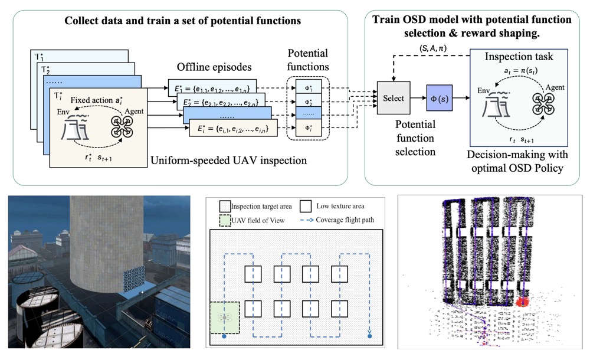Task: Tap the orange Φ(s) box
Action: click(x=439, y=94)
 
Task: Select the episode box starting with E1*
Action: click(x=212, y=87)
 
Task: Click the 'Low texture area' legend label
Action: click(x=339, y=207)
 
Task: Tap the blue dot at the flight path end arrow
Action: click(x=370, y=337)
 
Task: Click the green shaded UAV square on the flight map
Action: click(x=225, y=318)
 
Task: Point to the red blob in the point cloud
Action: click(x=522, y=302)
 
